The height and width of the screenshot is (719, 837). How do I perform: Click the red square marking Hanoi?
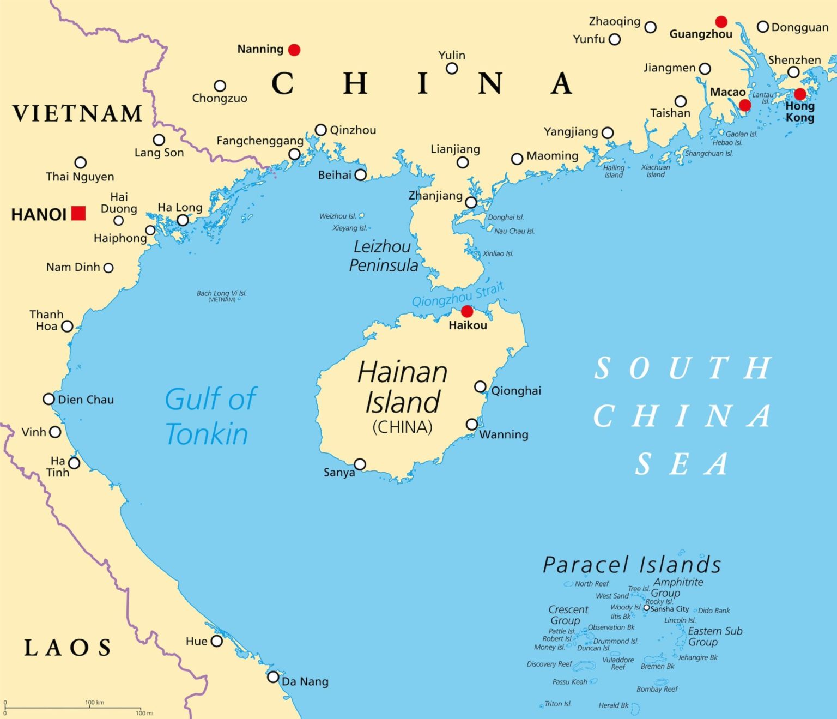coord(79,213)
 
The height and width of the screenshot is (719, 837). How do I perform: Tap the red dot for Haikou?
coord(467,311)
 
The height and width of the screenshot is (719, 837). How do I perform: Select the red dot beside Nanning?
coord(294,50)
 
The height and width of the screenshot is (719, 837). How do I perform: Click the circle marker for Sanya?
coord(360,464)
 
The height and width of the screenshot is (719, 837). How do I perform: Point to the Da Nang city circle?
coord(273,677)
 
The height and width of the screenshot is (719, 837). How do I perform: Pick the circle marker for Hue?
coord(217,641)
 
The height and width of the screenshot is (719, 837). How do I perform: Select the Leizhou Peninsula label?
coord(383,256)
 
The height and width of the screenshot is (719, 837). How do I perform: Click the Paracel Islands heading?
coord(632,565)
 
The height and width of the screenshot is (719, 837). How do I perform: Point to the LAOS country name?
coord(68,648)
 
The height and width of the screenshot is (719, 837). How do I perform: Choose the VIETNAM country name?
coord(77,113)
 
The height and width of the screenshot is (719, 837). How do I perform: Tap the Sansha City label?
coord(670,609)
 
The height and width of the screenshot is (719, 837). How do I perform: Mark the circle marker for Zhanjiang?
coord(471,203)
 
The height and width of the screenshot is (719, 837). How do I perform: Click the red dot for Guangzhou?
coord(721,22)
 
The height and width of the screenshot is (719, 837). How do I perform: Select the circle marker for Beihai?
coord(361,175)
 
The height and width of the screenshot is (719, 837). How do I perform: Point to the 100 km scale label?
coord(95,702)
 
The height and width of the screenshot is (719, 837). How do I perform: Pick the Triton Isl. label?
coord(558,704)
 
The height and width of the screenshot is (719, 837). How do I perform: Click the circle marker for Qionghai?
coord(480,386)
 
